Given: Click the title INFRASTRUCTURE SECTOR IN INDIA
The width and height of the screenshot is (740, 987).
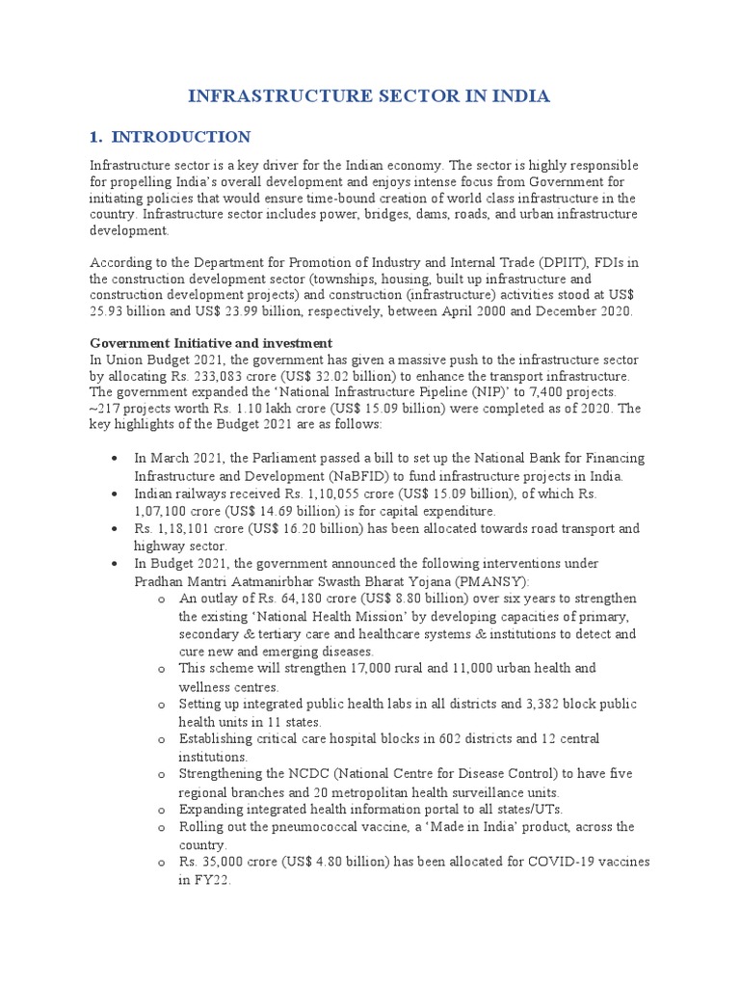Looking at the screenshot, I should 369,95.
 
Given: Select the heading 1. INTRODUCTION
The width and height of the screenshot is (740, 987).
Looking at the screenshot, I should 171,137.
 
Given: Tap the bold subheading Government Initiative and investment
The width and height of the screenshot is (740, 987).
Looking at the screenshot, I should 211,343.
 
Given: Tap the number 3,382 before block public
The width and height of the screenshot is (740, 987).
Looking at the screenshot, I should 516,704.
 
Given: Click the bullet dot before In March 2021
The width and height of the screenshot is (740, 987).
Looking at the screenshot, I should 115,459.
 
